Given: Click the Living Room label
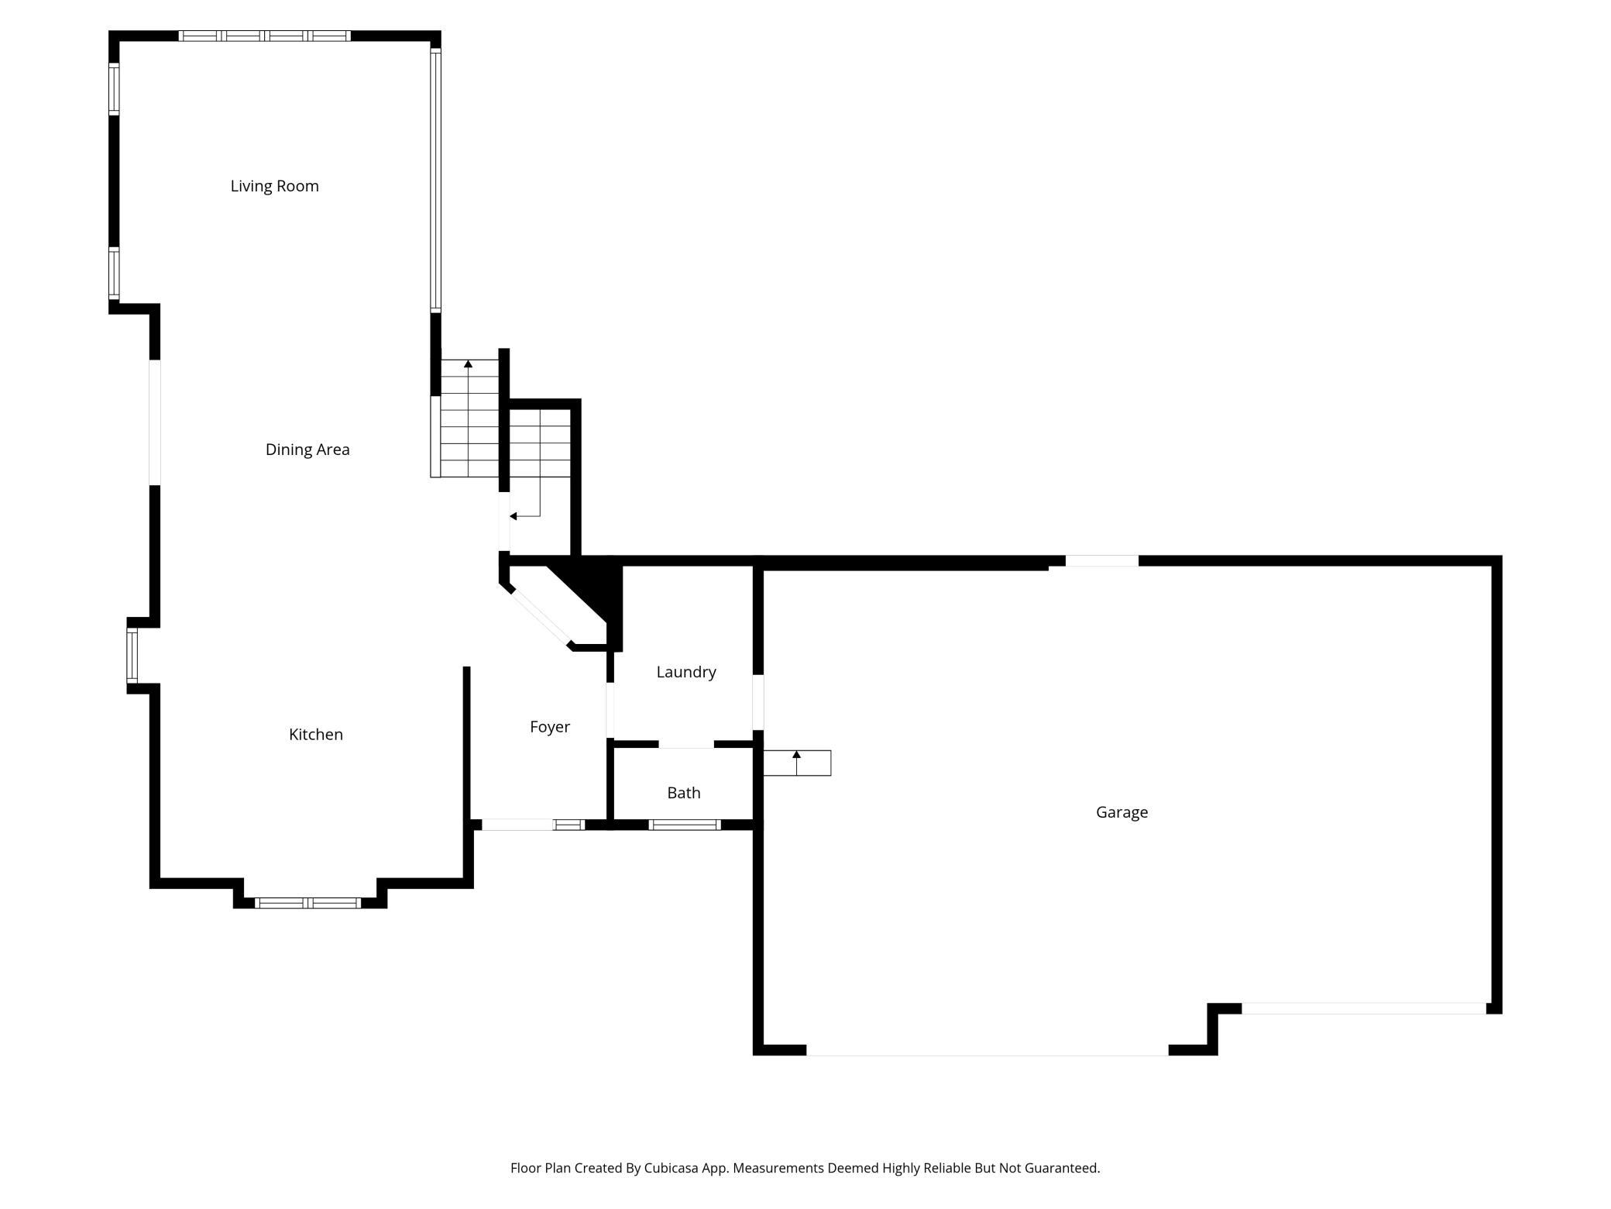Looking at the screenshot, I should pyautogui.click(x=274, y=186).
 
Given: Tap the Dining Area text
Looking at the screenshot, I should pyautogui.click(x=307, y=449).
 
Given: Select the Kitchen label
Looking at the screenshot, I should pyautogui.click(x=315, y=734).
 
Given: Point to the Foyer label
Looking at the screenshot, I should pyautogui.click(x=550, y=727).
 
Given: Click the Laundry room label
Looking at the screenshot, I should pyautogui.click(x=686, y=672).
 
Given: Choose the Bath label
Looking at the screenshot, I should pyautogui.click(x=684, y=793).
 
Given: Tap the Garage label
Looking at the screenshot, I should pyautogui.click(x=1122, y=812).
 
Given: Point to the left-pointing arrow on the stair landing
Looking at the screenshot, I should pyautogui.click(x=514, y=516).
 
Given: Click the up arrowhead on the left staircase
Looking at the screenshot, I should pyautogui.click(x=468, y=363).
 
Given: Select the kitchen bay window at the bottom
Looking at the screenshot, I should pyautogui.click(x=308, y=903).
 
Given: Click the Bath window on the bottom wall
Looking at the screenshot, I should pyautogui.click(x=685, y=825).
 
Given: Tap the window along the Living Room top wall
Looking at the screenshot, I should pyautogui.click(x=264, y=36).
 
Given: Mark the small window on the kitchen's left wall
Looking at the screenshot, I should pyautogui.click(x=132, y=656).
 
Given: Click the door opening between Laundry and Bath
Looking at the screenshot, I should pyautogui.click(x=685, y=744).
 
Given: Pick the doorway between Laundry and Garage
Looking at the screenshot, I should pyautogui.click(x=758, y=702).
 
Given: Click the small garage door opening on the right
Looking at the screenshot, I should pyautogui.click(x=1363, y=1008).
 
